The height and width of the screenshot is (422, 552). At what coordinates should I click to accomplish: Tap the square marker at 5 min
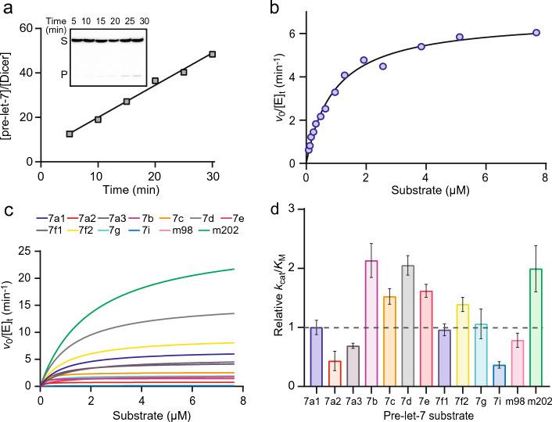pyautogui.click(x=70, y=134)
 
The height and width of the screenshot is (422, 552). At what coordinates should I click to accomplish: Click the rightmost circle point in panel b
pyautogui.click(x=536, y=33)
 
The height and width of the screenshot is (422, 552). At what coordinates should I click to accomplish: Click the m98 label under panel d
pyautogui.click(x=514, y=397)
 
